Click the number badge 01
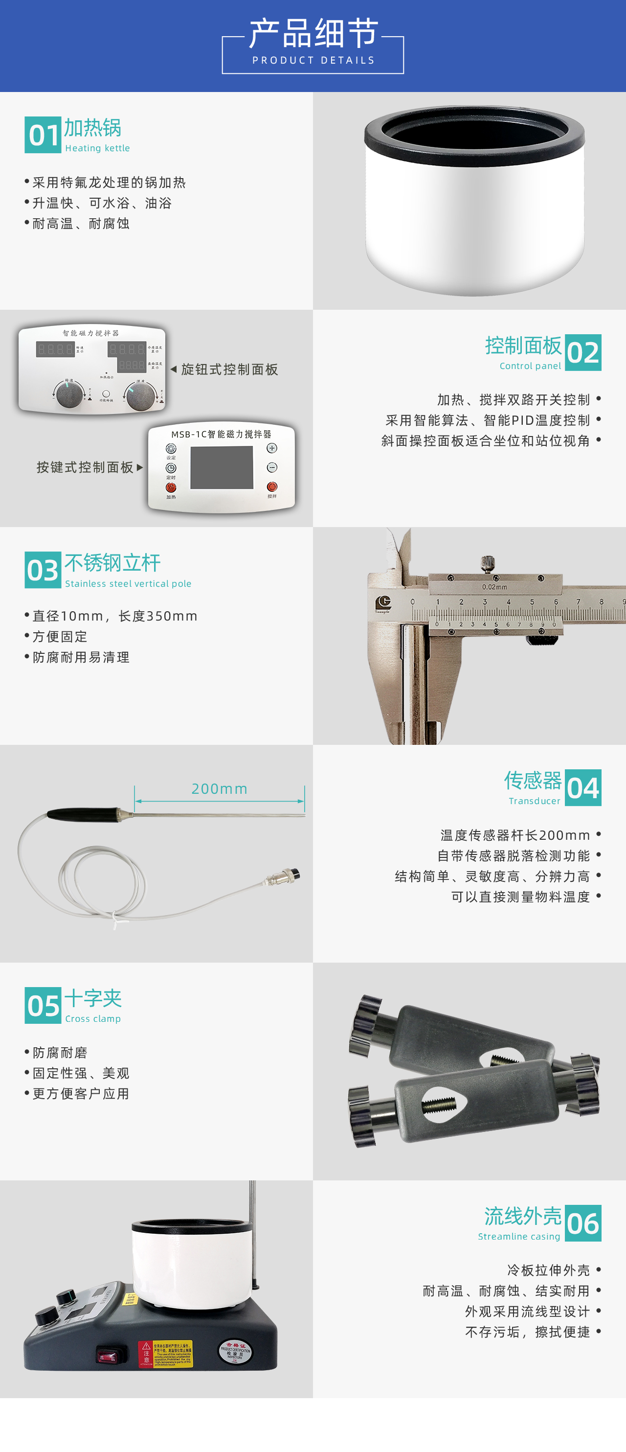43,135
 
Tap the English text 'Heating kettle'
97,148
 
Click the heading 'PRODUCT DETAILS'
313,60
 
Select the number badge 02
583,353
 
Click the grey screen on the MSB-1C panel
222,467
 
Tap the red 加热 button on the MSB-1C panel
171,487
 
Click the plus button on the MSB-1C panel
272,448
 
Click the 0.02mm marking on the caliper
494,587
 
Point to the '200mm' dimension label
220,788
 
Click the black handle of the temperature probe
82,813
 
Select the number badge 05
43,1006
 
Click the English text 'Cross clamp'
93,1018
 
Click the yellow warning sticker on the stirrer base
166,1353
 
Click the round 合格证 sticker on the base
235,1351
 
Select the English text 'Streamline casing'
519,1236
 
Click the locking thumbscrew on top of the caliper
488,562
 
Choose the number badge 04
583,788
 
